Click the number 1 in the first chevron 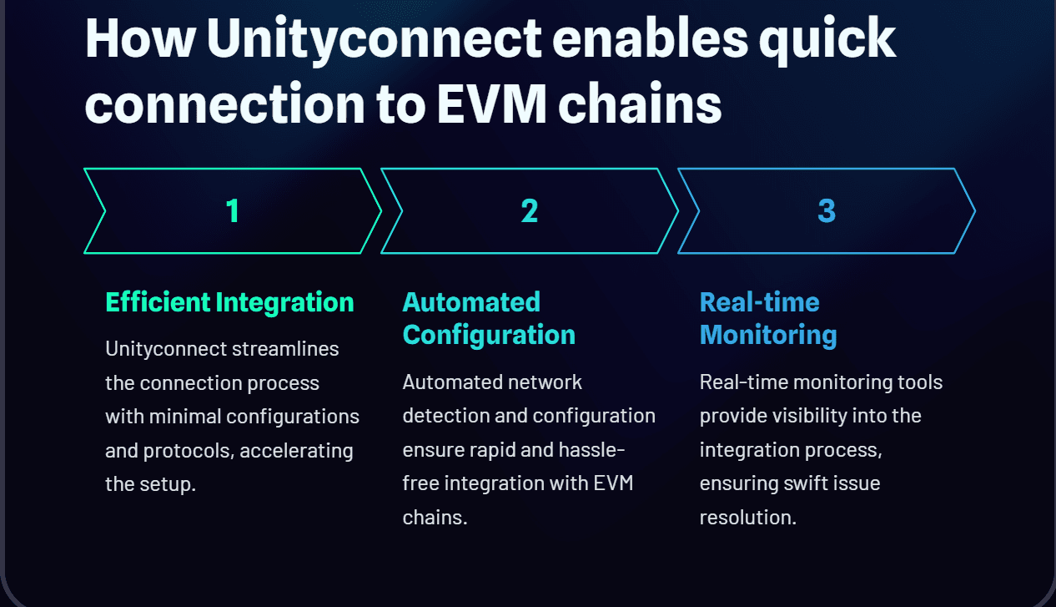pyautogui.click(x=233, y=210)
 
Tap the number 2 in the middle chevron pyautogui.click(x=530, y=210)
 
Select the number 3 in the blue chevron pyautogui.click(x=827, y=210)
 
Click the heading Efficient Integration pyautogui.click(x=229, y=302)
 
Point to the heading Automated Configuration pyautogui.click(x=489, y=318)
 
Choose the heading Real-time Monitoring pyautogui.click(x=768, y=318)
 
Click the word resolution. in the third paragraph pyautogui.click(x=747, y=518)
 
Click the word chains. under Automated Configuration pyautogui.click(x=435, y=518)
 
